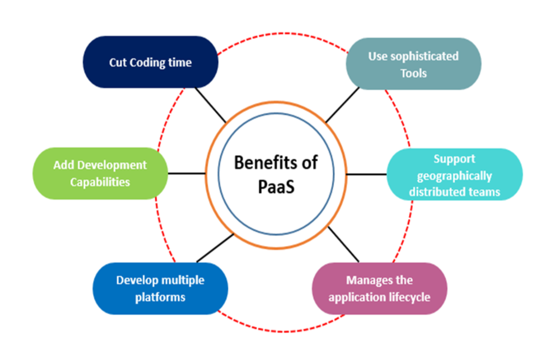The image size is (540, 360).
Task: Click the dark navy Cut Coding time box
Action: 151,62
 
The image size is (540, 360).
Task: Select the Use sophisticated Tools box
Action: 413,64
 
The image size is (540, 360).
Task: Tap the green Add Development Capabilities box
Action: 100,173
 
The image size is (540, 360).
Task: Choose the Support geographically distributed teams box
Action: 455,174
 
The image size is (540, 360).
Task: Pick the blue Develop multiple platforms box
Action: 160,288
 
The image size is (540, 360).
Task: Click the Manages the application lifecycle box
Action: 380,288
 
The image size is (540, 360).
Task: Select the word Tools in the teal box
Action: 413,73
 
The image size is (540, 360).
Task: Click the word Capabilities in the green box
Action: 100,182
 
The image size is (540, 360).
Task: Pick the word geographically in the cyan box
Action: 455,176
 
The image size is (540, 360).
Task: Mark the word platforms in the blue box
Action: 160,297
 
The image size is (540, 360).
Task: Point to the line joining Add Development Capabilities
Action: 186,173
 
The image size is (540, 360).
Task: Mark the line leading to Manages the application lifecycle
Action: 343,244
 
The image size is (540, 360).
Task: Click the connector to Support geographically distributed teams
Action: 367,174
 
